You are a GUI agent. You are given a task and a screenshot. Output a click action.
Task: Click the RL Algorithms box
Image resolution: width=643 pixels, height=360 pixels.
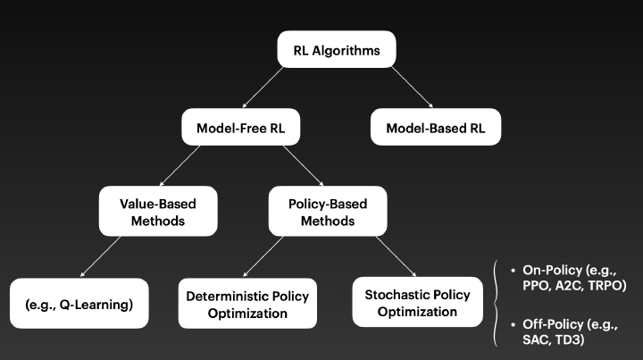coord(337,49)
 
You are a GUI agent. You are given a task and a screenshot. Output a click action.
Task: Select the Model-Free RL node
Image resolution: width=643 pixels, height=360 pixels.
coord(241,127)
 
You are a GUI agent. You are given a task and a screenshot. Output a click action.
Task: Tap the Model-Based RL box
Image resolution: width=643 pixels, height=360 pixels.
coord(436,127)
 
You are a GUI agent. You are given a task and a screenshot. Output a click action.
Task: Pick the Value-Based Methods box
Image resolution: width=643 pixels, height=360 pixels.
coord(158,211)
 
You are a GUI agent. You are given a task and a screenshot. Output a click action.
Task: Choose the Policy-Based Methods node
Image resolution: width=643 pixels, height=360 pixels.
coord(328,211)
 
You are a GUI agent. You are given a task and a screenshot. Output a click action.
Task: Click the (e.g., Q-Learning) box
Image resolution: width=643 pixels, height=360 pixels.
coord(79,304)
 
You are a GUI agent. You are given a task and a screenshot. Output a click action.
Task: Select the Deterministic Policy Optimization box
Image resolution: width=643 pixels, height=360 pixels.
coord(247,304)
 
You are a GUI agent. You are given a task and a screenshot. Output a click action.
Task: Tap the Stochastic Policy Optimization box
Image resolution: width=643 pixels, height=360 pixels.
coord(417,302)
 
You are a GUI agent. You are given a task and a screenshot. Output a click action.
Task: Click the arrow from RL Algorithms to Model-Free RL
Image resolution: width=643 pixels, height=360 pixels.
coord(263,88)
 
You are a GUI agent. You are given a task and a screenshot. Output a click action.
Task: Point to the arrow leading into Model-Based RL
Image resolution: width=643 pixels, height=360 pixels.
coord(412,87)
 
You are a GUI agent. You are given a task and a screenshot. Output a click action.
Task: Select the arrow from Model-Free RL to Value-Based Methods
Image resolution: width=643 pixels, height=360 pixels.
coord(180,165)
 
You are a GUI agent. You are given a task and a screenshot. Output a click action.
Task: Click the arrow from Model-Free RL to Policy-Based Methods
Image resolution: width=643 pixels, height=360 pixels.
coord(303,165)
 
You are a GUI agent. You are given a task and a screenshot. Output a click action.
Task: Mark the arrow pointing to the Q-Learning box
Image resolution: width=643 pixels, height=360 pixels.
coord(100,256)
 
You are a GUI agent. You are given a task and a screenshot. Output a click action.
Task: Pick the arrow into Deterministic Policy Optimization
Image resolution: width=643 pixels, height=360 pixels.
coord(263,256)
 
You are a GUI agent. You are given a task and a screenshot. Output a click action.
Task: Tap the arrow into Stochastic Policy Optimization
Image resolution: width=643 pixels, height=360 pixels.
coord(396,256)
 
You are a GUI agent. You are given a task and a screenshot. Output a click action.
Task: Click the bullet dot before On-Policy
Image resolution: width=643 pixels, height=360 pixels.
coord(513,270)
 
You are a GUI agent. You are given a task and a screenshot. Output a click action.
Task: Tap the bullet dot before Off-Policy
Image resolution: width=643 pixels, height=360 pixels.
coord(513,324)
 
